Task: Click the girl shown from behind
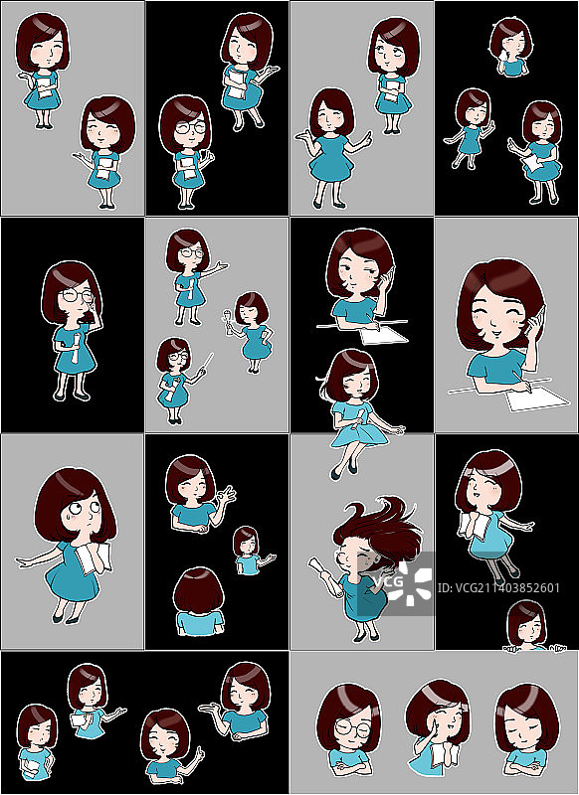[199, 601]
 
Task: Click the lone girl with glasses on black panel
[72, 328]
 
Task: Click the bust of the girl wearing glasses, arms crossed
[348, 730]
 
